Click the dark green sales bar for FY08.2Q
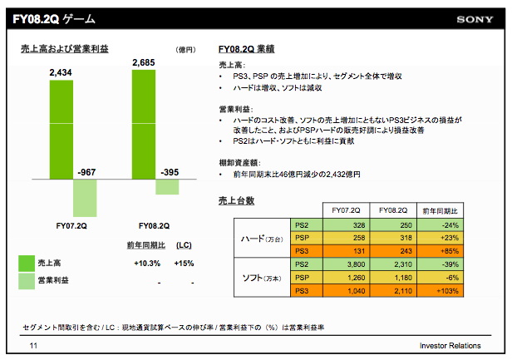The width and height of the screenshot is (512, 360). [143, 124]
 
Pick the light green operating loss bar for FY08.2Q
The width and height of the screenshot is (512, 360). [168, 187]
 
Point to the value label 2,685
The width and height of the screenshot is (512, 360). [144, 61]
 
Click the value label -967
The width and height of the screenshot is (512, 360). [86, 172]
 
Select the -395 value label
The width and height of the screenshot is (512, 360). [168, 172]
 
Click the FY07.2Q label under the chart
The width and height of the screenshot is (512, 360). [71, 225]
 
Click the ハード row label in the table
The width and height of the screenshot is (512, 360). [254, 239]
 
